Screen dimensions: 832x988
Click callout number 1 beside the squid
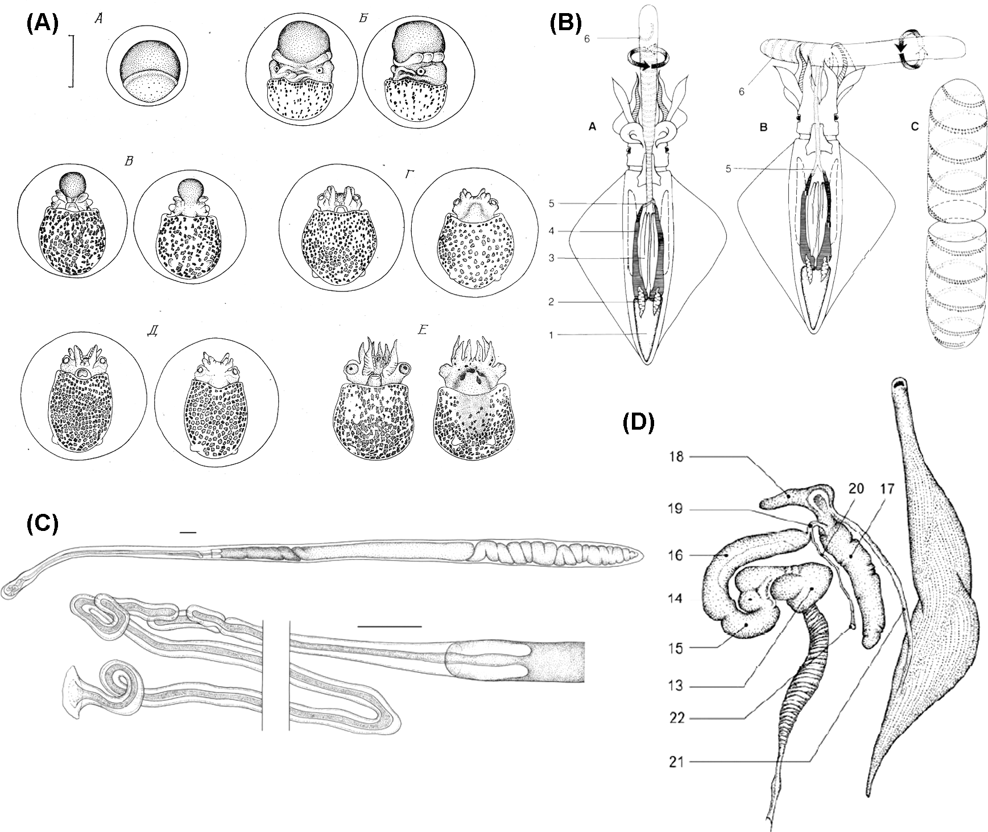[551, 335]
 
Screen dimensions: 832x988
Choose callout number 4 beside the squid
[551, 231]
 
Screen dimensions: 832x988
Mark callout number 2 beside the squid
[551, 302]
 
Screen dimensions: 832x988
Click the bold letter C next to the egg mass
[915, 127]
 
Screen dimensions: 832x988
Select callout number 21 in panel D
[676, 761]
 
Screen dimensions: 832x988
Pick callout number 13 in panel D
[676, 686]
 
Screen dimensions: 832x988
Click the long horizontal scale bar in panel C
[390, 625]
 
